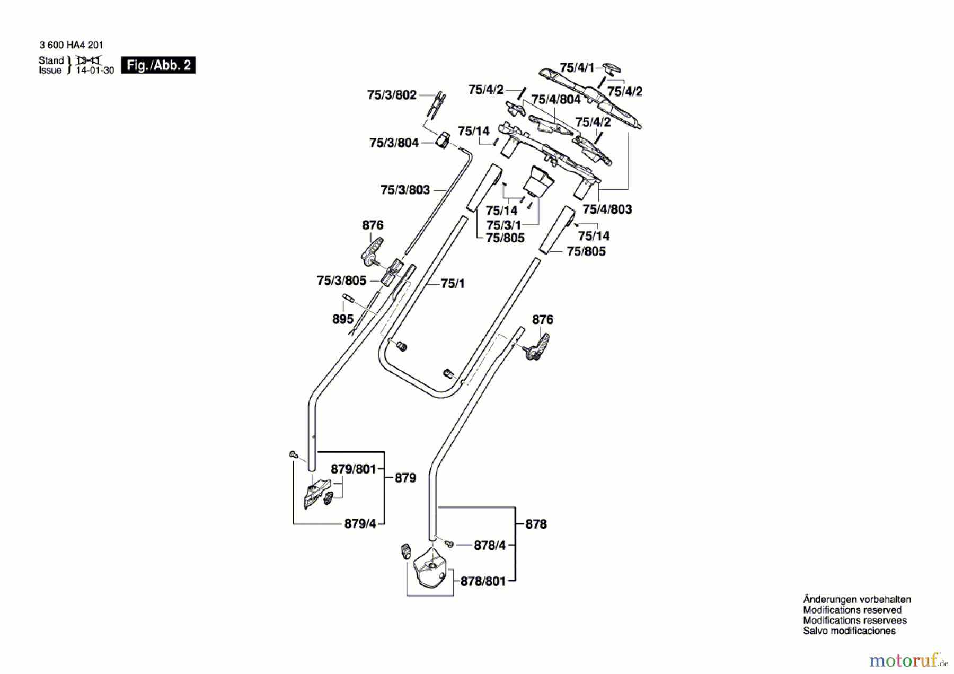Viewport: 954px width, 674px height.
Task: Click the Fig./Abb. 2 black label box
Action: pos(158,65)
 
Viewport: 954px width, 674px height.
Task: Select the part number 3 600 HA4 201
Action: pos(71,45)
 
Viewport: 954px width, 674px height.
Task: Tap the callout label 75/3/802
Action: pos(392,95)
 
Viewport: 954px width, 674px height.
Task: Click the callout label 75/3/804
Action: pos(394,143)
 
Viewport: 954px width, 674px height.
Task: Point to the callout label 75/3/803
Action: pos(405,190)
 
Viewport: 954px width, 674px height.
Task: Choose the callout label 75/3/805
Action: pos(341,280)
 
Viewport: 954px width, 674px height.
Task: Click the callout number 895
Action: pos(342,319)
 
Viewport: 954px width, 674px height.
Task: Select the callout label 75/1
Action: pos(453,284)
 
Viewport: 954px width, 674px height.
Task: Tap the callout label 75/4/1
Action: pos(577,68)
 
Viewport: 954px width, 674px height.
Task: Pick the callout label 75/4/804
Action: pos(556,99)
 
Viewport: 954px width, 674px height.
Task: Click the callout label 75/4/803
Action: pos(607,209)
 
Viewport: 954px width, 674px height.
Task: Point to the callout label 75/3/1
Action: pos(503,225)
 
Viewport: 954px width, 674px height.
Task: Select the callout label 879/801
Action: pos(354,469)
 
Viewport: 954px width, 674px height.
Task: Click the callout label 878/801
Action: pos(483,581)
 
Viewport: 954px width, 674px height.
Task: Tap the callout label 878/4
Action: pos(490,545)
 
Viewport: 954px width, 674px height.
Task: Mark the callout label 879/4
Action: pos(360,523)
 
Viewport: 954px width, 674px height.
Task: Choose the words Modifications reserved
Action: pos(852,610)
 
